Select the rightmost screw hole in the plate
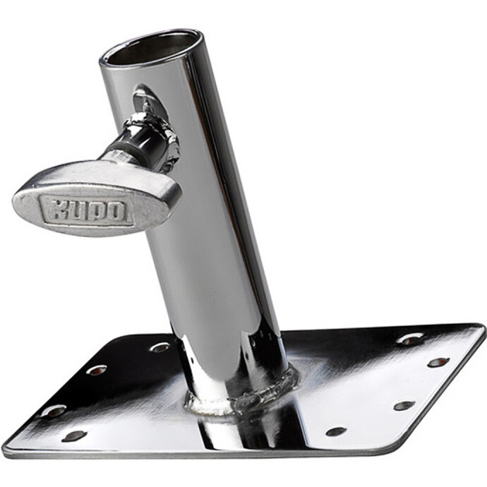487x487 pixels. [438, 362]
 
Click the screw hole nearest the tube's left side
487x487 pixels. [160, 347]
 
